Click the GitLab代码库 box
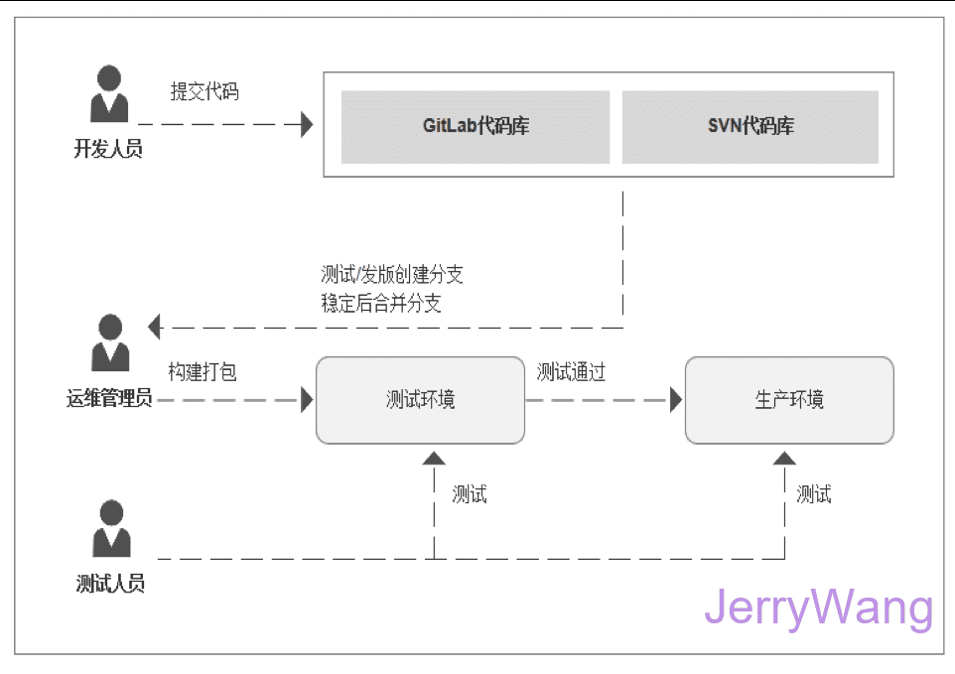click(476, 127)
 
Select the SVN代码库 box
click(750, 127)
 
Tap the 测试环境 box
click(420, 400)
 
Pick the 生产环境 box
click(789, 400)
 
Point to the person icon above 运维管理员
click(109, 343)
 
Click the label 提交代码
click(205, 92)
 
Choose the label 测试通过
click(571, 372)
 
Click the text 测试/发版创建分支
click(392, 275)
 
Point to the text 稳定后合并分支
click(381, 304)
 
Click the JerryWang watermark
click(819, 607)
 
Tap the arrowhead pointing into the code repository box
click(306, 125)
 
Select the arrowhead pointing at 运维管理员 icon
click(154, 326)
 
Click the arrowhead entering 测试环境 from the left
click(307, 400)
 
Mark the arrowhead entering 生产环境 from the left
click(676, 400)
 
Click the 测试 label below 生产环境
click(814, 493)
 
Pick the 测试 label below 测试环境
click(470, 493)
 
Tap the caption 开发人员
click(108, 150)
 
